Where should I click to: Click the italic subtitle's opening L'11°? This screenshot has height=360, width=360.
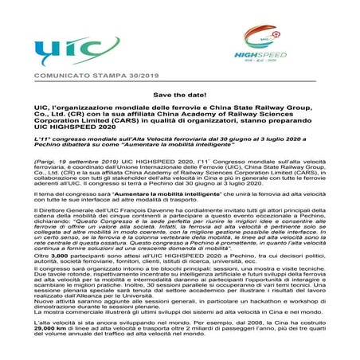[46, 139]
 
